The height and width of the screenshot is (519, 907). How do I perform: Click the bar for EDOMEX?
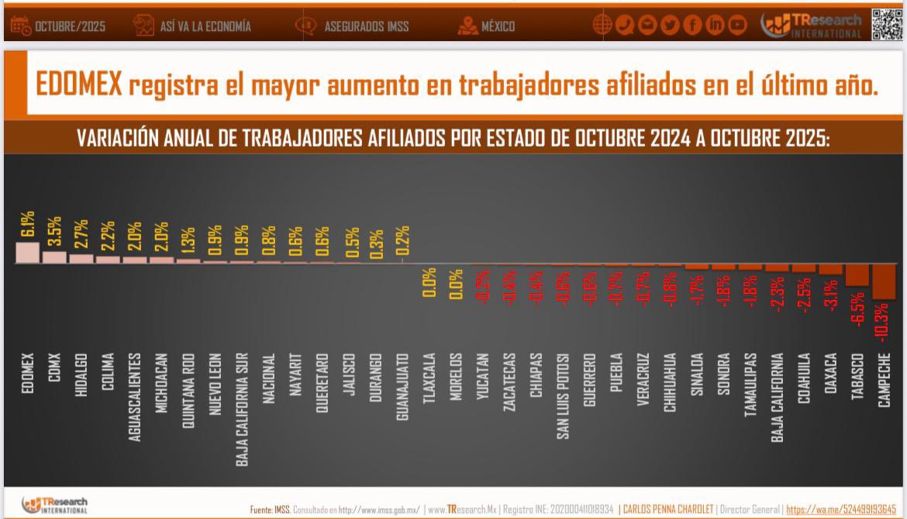click(x=27, y=253)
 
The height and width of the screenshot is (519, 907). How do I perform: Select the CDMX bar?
click(x=54, y=258)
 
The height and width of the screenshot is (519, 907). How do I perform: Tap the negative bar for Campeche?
click(x=884, y=282)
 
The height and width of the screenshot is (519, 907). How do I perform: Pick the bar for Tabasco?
click(x=857, y=275)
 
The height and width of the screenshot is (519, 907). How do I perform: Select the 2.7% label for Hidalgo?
click(x=81, y=235)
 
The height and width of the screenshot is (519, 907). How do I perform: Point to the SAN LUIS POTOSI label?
click(x=563, y=396)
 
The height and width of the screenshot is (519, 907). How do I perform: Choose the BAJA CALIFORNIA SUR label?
click(x=242, y=410)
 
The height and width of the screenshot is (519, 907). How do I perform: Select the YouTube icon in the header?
click(x=737, y=26)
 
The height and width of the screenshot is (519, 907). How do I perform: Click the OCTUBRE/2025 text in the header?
click(x=69, y=26)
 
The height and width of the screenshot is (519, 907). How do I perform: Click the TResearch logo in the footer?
click(x=54, y=505)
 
